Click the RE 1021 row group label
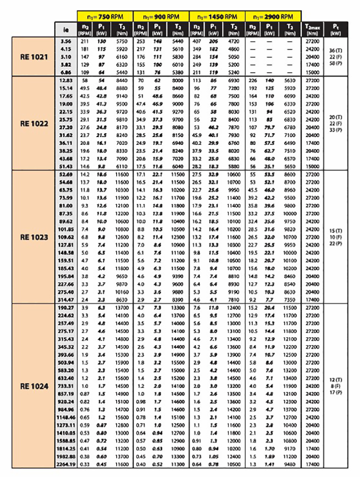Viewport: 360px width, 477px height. click(x=34, y=56)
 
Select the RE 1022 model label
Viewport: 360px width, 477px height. click(x=34, y=123)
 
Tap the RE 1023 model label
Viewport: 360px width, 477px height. click(x=34, y=237)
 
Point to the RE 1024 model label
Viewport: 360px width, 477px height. click(x=34, y=386)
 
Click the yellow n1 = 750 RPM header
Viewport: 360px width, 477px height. click(x=105, y=16)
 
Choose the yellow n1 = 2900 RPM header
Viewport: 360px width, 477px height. click(x=273, y=16)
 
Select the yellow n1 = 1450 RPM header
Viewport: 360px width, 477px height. click(x=217, y=16)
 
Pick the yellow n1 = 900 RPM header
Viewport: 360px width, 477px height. click(x=161, y=16)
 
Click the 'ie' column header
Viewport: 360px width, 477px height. click(x=66, y=29)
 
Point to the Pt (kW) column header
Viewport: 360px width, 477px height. click(x=335, y=29)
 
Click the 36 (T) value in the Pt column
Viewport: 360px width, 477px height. click(x=335, y=50)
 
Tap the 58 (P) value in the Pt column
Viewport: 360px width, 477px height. click(x=335, y=63)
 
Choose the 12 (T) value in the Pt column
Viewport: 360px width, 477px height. click(x=335, y=379)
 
